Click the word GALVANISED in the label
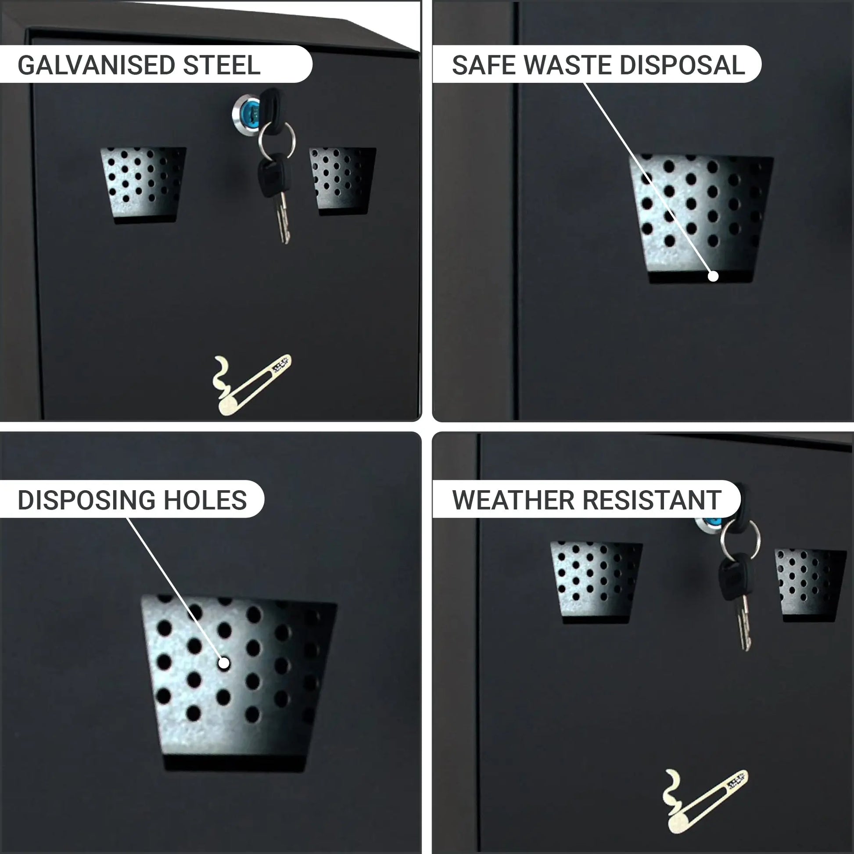coord(96,65)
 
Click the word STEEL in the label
coord(222,65)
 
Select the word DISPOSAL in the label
coord(682,65)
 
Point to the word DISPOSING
coord(86,500)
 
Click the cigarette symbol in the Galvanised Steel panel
coord(251,384)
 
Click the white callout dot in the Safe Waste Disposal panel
coord(713,276)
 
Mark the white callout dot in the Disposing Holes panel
coord(224,663)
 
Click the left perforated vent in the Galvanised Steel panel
coord(144,185)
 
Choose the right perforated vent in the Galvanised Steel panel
coord(343,181)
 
